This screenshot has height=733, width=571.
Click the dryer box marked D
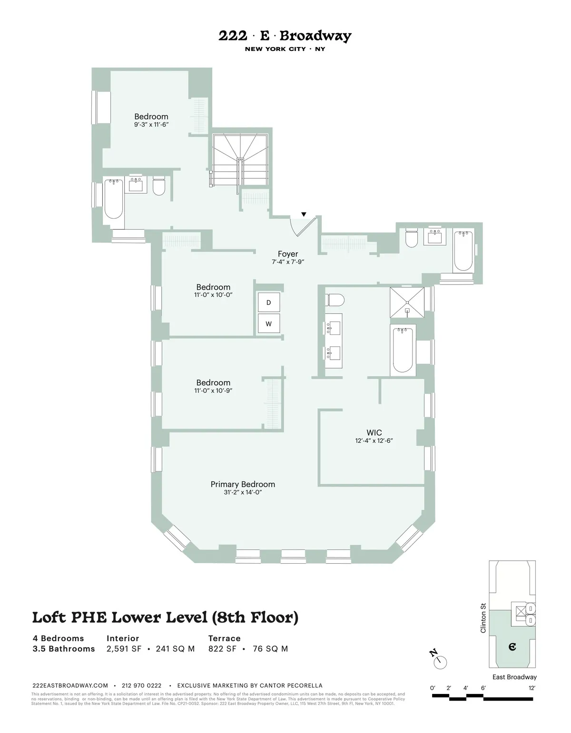[x=268, y=303]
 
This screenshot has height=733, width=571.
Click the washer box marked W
[x=268, y=324]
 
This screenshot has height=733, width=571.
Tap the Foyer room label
[x=288, y=254]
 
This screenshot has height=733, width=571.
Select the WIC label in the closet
[x=374, y=432]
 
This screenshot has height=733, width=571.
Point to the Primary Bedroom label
[x=243, y=484]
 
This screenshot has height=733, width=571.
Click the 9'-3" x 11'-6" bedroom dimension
[x=151, y=125]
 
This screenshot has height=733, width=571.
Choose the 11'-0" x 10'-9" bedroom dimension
[x=213, y=391]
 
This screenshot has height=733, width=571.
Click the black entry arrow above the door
[x=304, y=215]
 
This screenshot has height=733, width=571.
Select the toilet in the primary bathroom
[x=335, y=301]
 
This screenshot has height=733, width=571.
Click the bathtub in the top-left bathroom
[x=114, y=198]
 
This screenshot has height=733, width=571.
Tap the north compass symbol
[x=439, y=660]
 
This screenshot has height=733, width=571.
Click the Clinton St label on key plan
[x=483, y=618]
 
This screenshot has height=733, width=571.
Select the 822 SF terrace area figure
[x=223, y=649]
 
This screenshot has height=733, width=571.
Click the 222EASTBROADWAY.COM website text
[x=70, y=685]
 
